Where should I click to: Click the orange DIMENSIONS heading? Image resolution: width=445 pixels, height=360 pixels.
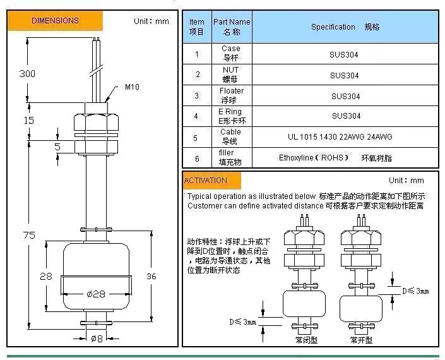(x=55, y=21)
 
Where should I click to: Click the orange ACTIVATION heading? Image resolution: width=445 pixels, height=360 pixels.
(x=206, y=181)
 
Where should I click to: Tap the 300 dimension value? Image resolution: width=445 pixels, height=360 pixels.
(x=27, y=73)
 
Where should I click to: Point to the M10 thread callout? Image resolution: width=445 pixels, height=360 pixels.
(x=132, y=87)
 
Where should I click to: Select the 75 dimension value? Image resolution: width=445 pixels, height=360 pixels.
(x=28, y=235)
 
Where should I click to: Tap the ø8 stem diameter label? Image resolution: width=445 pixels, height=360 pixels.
(x=97, y=338)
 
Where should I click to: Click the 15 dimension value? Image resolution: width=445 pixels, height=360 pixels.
(x=28, y=120)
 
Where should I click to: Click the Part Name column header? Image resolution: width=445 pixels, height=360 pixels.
(x=232, y=27)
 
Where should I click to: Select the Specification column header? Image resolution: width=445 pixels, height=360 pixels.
(x=345, y=27)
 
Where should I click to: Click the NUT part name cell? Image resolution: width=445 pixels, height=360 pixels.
(x=231, y=75)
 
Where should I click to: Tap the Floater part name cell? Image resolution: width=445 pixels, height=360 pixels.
(x=231, y=95)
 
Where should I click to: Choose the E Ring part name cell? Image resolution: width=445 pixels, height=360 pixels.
(x=230, y=116)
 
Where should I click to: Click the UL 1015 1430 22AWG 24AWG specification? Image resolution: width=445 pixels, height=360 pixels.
(x=345, y=137)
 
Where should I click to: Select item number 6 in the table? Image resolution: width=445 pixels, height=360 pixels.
(x=197, y=158)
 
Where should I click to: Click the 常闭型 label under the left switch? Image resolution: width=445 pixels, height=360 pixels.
(x=307, y=340)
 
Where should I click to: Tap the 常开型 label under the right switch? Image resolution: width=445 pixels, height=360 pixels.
(x=362, y=340)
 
